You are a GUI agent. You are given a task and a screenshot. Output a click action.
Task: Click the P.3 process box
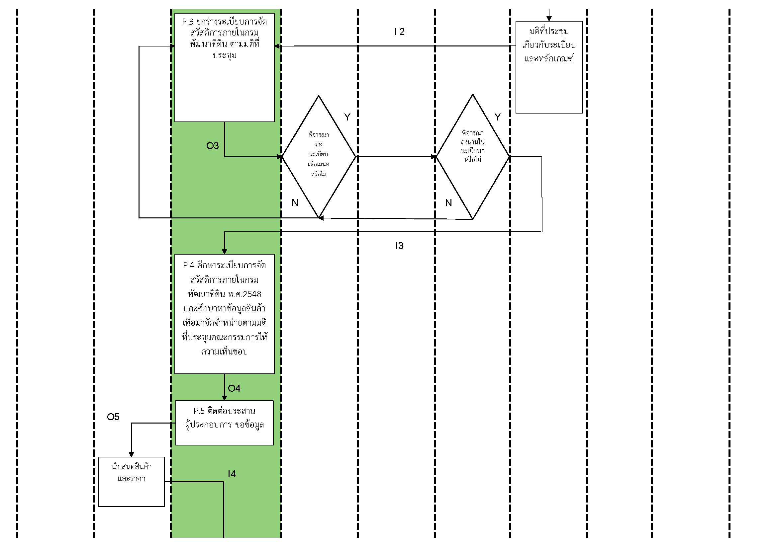point(224,68)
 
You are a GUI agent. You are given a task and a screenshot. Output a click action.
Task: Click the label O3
point(213,146)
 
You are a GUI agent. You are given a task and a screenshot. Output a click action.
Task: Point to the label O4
point(234,388)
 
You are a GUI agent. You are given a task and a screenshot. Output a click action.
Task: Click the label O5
point(113,417)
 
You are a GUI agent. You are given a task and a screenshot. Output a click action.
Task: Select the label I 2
point(399,32)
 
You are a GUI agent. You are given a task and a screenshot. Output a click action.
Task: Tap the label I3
point(399,246)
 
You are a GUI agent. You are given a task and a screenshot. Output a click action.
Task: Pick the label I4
point(232,474)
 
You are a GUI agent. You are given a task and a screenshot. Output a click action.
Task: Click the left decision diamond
point(319,157)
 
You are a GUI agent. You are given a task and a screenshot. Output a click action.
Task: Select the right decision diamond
point(473,157)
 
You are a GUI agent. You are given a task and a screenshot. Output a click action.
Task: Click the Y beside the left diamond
point(347,117)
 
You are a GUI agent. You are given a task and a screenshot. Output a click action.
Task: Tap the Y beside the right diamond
point(498,117)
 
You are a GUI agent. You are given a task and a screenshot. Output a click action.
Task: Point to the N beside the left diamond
point(295,203)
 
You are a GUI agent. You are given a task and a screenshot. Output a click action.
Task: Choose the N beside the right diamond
point(448,203)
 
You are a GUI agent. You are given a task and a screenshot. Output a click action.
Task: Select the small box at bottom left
point(131,481)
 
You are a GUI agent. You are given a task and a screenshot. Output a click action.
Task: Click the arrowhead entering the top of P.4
point(224,252)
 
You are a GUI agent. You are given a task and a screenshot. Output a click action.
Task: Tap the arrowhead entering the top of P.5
point(224,398)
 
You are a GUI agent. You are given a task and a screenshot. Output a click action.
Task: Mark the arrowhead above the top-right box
point(549,19)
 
